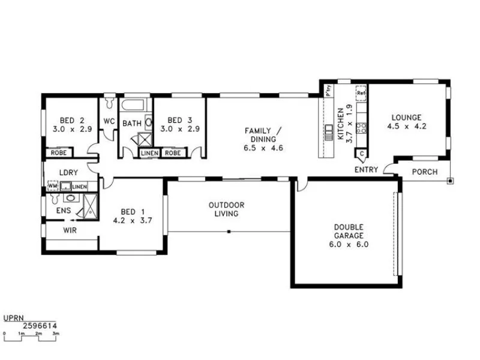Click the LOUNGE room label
click(406, 118)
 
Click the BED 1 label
click(131, 211)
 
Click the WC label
click(109, 121)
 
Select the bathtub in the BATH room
click(133, 107)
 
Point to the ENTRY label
click(366, 170)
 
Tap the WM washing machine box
click(52, 187)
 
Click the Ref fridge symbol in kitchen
click(361, 93)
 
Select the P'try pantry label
click(328, 92)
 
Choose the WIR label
click(70, 230)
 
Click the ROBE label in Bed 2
click(58, 152)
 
